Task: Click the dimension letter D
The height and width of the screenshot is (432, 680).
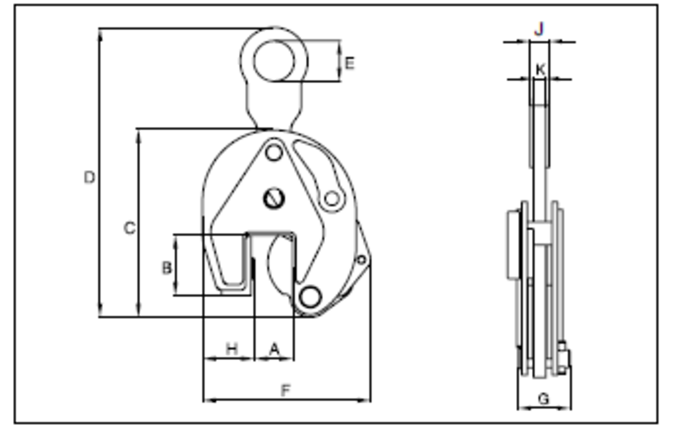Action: coord(89,177)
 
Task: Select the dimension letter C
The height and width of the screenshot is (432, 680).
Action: coord(129,228)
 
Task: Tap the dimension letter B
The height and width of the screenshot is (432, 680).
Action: coord(167,268)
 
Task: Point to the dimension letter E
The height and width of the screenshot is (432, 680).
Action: coord(349,64)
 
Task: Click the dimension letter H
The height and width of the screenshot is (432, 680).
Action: coord(232,349)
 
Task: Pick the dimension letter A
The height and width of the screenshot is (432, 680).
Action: coord(274,349)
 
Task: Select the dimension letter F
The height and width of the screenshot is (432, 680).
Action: coord(286,391)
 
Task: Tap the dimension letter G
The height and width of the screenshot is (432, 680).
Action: coord(543,399)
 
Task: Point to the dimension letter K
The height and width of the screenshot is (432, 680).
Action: coord(540,70)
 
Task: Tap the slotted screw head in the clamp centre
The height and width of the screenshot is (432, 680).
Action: coord(274,199)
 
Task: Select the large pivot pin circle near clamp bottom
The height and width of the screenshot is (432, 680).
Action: coord(310,297)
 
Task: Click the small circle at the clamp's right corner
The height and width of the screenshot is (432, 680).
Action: coord(361,260)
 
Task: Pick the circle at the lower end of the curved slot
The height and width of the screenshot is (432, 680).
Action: coord(332,199)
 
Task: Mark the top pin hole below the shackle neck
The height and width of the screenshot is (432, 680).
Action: coord(274,153)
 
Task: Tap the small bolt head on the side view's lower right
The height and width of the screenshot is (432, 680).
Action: coord(564,358)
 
